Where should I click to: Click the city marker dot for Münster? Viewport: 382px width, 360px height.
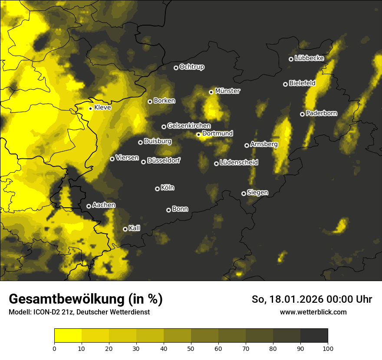[x=211, y=92]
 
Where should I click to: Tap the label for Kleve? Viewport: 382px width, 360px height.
[x=102, y=108]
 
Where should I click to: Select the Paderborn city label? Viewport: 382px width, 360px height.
[x=321, y=113]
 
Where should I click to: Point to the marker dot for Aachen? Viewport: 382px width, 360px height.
[x=89, y=206]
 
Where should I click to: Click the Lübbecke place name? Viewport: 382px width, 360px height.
[x=309, y=58]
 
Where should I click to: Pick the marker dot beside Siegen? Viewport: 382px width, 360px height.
[x=244, y=193]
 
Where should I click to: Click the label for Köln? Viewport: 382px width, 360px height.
[x=168, y=188]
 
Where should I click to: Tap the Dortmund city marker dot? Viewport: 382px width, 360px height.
[x=198, y=134]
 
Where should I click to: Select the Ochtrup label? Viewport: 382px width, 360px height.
[x=191, y=67]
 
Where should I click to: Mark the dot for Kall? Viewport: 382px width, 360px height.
[x=125, y=229]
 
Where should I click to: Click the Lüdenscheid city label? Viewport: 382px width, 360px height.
[x=239, y=163]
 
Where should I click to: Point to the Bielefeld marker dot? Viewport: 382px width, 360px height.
[x=285, y=84]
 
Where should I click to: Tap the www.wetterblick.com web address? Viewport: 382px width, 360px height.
[x=313, y=312]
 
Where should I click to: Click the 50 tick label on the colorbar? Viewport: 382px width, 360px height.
[x=191, y=348]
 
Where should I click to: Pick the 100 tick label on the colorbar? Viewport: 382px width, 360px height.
[x=327, y=348]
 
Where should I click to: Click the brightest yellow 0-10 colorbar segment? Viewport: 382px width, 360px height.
[x=68, y=336]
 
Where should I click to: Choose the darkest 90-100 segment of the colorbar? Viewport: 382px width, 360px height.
[x=314, y=336]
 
